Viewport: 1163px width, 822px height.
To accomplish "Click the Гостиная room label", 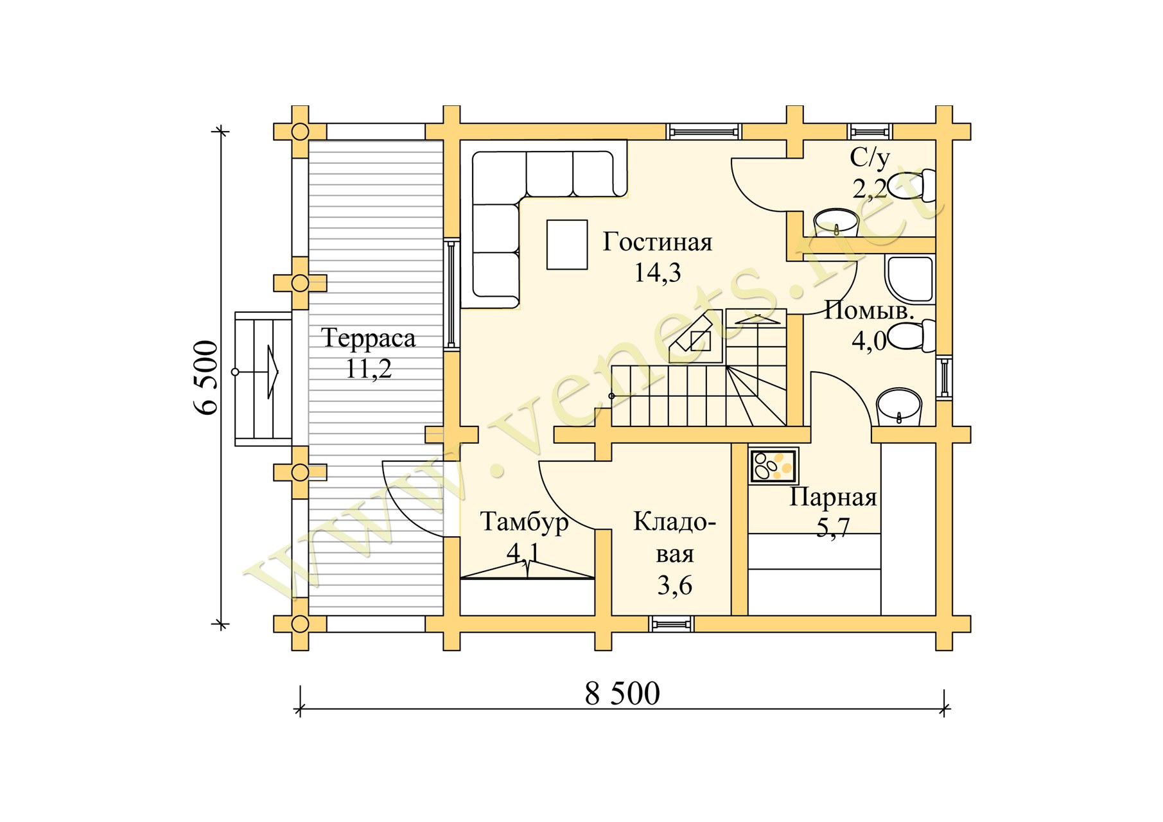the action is (658, 242).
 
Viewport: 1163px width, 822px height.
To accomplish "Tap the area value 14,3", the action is (658, 273).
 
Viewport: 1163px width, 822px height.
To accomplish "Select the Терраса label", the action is (369, 338).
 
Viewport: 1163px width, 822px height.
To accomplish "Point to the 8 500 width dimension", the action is (622, 694).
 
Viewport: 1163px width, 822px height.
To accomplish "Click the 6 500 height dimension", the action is (206, 377).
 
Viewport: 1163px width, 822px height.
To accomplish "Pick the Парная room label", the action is (833, 498).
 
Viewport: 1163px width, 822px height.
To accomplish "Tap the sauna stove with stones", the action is (774, 466).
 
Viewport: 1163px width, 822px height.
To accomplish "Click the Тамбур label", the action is (524, 522).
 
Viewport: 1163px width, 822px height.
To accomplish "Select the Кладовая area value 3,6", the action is (674, 585).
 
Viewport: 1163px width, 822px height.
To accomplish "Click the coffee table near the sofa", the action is (567, 244).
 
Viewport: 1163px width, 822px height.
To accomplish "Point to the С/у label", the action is (870, 157).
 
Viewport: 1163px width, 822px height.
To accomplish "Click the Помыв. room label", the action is (869, 311).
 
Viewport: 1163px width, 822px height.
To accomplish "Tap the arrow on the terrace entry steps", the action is (272, 372).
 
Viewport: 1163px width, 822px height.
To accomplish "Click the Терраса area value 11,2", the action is (369, 369).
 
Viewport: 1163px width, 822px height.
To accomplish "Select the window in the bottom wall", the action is (671, 624).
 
